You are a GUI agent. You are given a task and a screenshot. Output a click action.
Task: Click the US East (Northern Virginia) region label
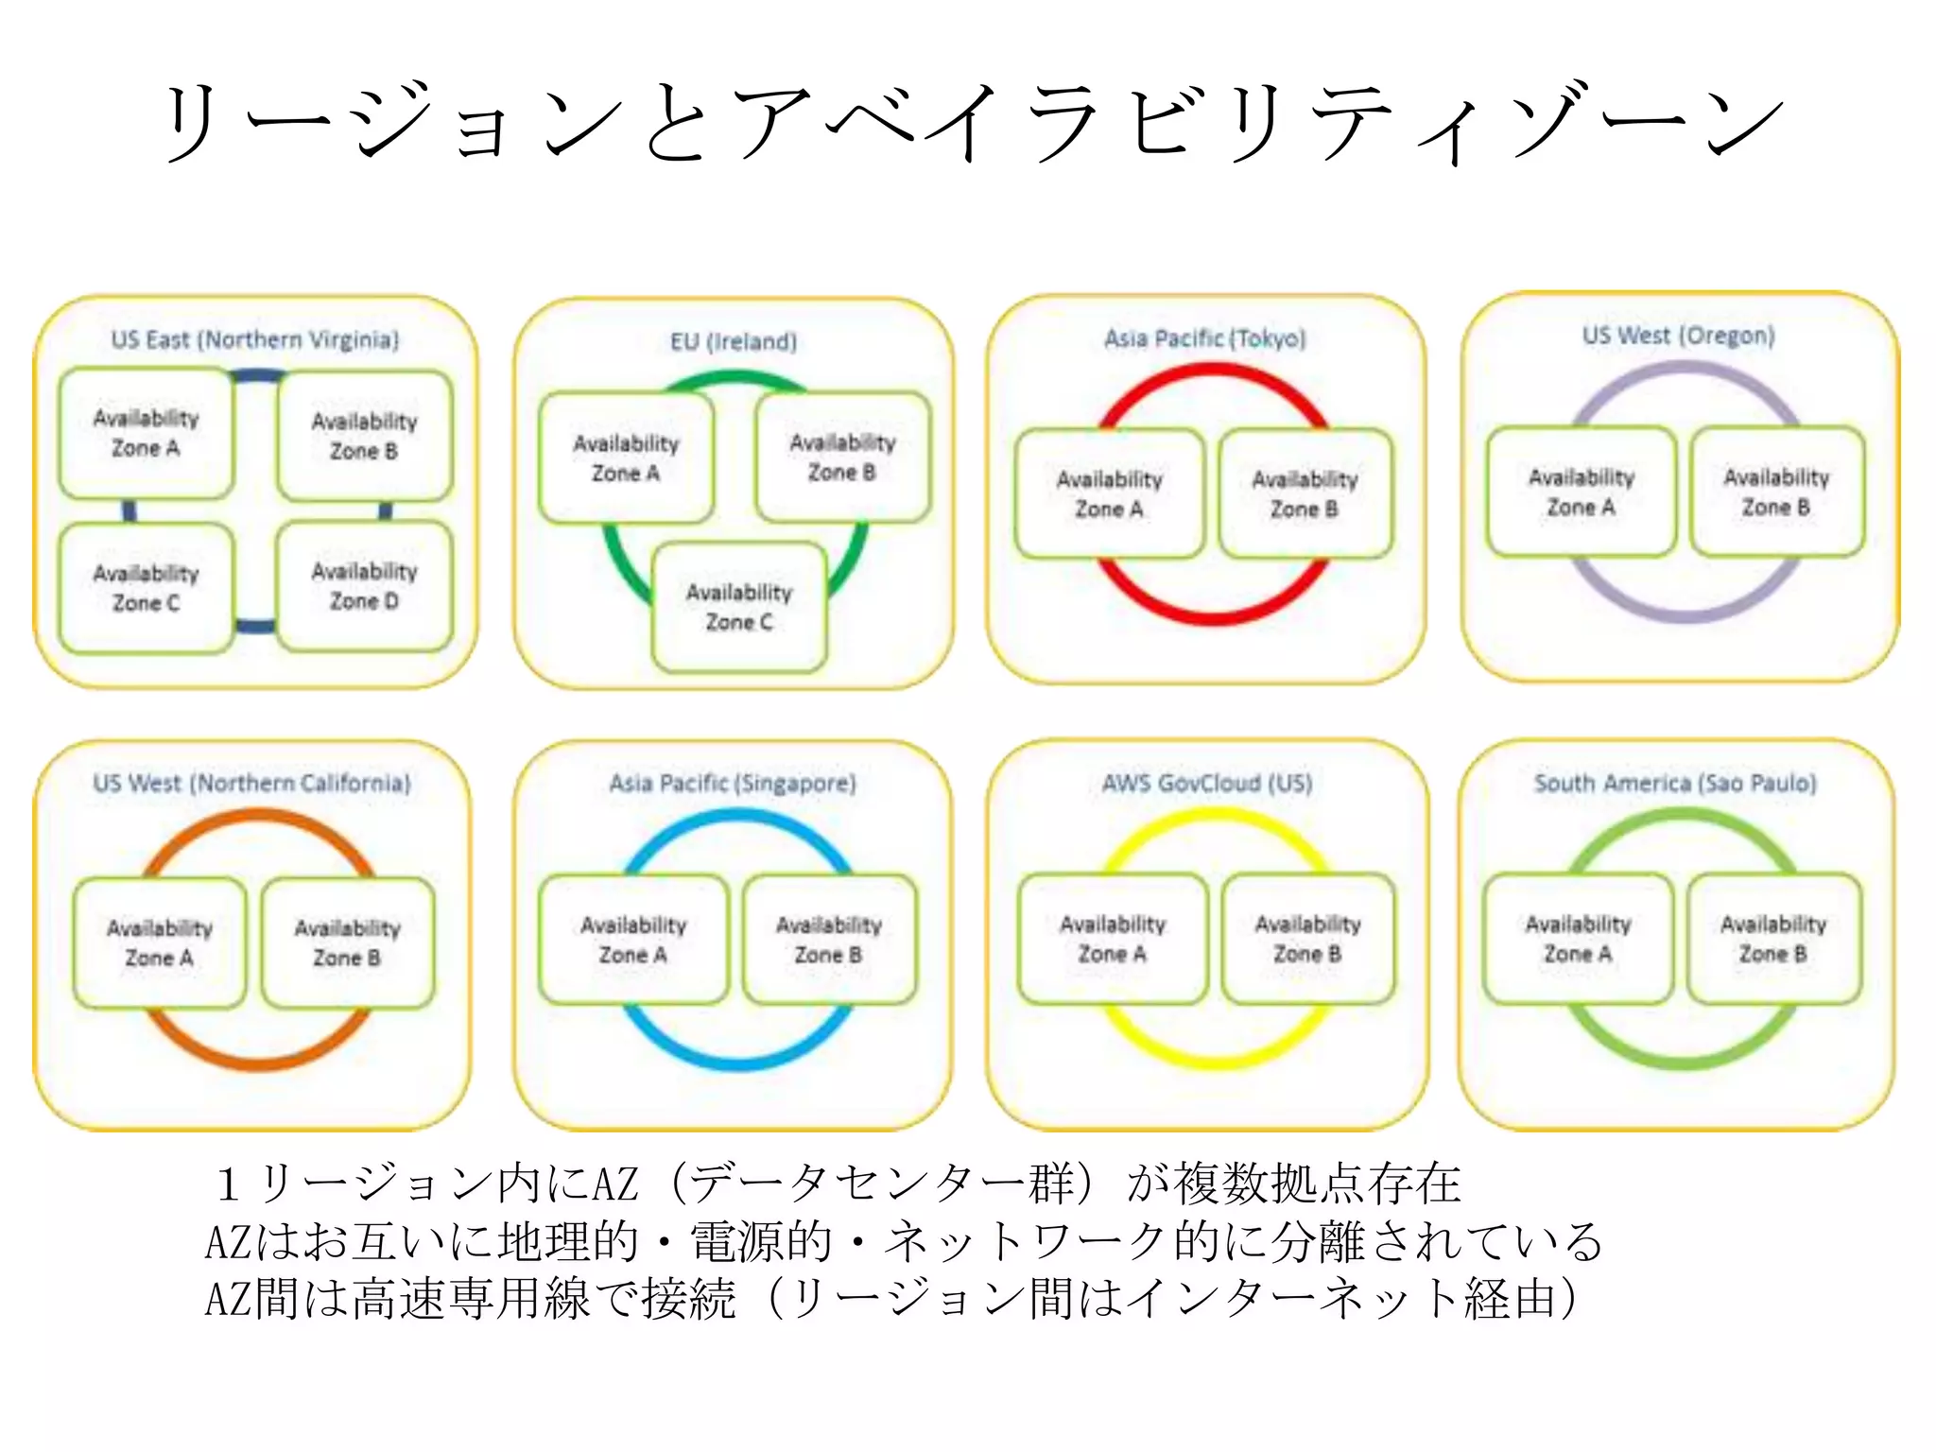(255, 339)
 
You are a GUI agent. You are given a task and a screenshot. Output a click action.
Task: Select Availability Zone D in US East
(365, 586)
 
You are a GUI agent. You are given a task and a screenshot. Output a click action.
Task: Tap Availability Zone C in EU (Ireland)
(739, 607)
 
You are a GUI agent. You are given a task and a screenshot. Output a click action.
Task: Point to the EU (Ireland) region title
(734, 341)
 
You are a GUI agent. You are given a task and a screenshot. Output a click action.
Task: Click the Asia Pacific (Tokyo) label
(1205, 338)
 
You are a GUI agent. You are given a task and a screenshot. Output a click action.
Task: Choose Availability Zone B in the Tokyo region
(1305, 493)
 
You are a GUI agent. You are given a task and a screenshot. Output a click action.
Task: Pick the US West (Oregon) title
(1679, 336)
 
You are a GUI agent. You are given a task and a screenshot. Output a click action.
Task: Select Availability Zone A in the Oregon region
(1581, 492)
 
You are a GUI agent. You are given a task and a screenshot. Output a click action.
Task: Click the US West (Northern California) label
(252, 783)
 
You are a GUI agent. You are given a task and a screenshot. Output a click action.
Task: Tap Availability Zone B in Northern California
(347, 942)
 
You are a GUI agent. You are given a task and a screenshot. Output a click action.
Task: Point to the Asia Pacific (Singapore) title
(733, 783)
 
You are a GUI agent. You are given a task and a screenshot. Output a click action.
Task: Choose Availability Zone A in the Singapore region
(633, 940)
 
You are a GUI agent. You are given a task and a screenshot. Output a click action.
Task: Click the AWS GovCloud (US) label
(1207, 783)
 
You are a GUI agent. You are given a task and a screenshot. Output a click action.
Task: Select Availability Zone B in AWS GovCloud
(1307, 939)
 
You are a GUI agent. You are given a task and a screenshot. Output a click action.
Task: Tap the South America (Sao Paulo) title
(1675, 783)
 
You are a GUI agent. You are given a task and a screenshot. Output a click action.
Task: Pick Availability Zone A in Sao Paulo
(1578, 939)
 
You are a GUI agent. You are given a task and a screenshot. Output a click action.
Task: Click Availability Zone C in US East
(147, 588)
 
